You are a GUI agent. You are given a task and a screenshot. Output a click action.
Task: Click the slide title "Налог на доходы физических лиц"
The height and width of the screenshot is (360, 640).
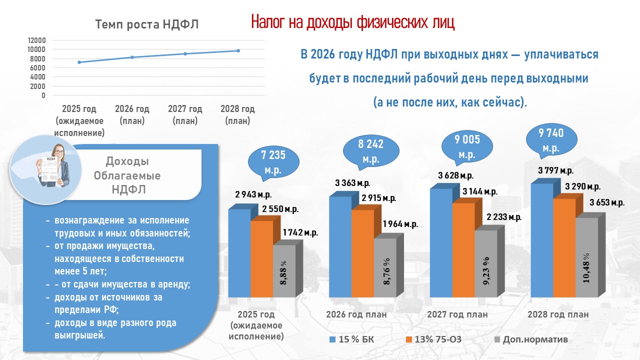(352, 22)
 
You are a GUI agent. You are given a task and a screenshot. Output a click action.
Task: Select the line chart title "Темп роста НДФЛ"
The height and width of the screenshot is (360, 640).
(147, 24)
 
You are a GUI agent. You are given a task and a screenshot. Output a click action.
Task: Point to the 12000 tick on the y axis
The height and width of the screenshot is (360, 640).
(36, 40)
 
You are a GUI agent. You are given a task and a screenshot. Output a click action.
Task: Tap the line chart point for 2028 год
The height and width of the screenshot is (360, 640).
(238, 50)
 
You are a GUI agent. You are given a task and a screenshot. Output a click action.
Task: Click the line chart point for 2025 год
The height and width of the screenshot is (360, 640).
(79, 62)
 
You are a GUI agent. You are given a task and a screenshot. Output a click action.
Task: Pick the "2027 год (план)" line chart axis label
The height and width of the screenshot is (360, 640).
(185, 114)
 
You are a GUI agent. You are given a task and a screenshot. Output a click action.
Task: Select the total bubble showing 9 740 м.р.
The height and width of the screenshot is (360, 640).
(550, 140)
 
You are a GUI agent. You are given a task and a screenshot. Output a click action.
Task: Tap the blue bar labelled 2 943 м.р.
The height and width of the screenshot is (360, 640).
(239, 252)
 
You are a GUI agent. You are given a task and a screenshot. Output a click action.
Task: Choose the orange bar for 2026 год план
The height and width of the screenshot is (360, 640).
(362, 252)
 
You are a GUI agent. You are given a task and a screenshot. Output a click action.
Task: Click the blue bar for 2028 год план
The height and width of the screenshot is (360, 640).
(541, 240)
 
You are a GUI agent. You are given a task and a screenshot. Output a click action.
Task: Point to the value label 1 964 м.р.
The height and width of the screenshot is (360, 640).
(399, 224)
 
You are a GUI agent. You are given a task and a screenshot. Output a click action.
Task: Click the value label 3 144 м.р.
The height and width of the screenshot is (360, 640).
(479, 191)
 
